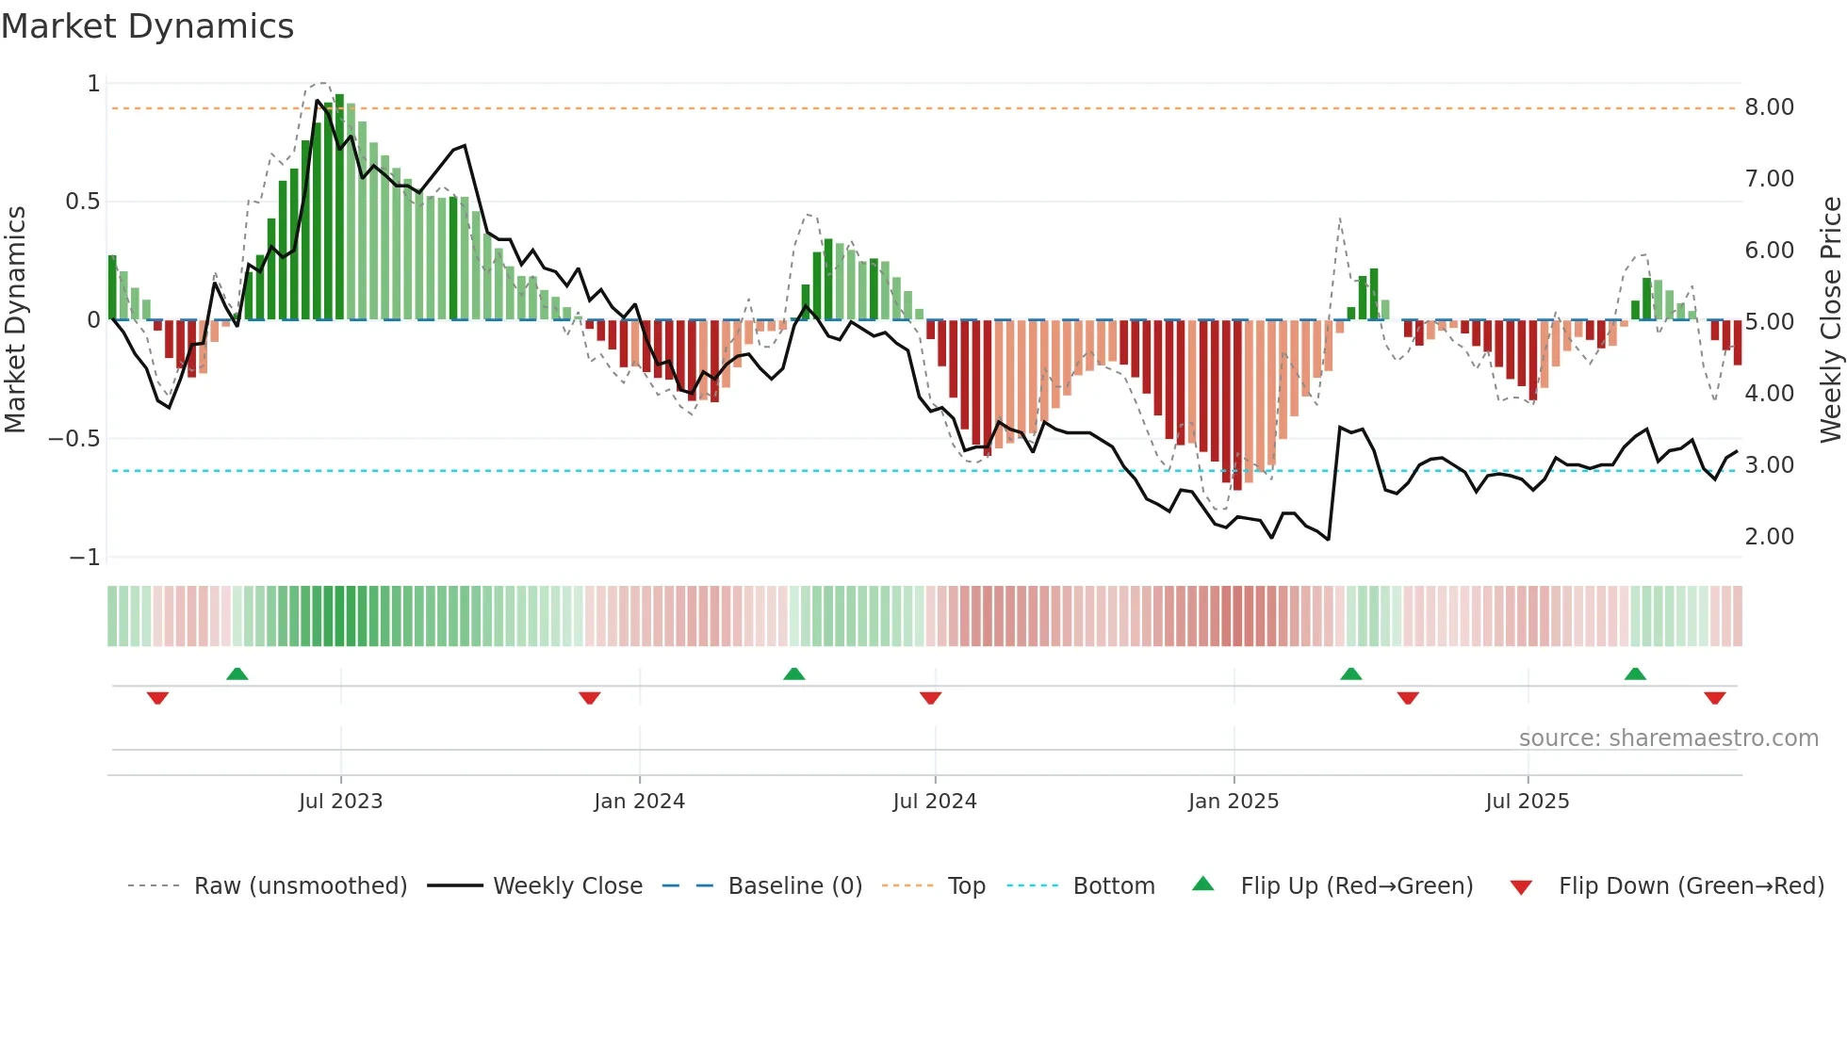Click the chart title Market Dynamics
(147, 26)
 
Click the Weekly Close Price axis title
(1830, 319)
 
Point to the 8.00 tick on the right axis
(1769, 107)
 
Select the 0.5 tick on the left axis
(83, 202)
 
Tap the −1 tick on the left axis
(85, 558)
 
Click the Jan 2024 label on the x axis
(639, 802)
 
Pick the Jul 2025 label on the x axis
(1527, 802)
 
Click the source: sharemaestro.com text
(1668, 738)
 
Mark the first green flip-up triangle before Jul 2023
(237, 674)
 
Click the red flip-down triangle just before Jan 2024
(590, 698)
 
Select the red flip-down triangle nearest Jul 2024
(930, 698)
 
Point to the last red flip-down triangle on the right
(1714, 698)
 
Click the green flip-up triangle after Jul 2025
(1635, 674)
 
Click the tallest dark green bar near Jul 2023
(339, 207)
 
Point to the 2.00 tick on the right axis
(1769, 537)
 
